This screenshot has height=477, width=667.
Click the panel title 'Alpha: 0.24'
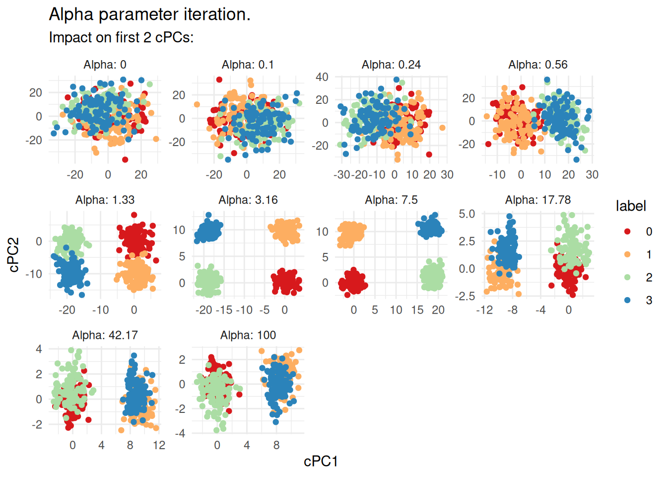pyautogui.click(x=391, y=65)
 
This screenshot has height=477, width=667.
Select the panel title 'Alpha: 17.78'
pyautogui.click(x=538, y=200)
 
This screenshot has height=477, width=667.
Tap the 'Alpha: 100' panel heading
pyautogui.click(x=248, y=335)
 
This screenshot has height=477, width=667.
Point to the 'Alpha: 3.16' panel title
pyautogui.click(x=248, y=200)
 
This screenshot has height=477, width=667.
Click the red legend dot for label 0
pyautogui.click(x=627, y=232)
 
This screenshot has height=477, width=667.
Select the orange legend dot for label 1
pyautogui.click(x=627, y=254)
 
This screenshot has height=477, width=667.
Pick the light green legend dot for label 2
pyautogui.click(x=627, y=277)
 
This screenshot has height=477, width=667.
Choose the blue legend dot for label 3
pyautogui.click(x=627, y=300)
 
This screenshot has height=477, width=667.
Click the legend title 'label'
pyautogui.click(x=631, y=206)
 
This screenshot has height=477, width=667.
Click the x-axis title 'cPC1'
pyautogui.click(x=321, y=462)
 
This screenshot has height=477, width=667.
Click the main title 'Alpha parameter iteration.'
pyautogui.click(x=149, y=14)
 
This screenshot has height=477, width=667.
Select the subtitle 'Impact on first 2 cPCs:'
pyautogui.click(x=121, y=37)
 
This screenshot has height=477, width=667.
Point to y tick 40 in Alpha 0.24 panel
pyautogui.click(x=322, y=77)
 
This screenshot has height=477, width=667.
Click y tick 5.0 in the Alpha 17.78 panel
pyautogui.click(x=467, y=214)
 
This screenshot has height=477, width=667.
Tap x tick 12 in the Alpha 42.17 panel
pyautogui.click(x=159, y=445)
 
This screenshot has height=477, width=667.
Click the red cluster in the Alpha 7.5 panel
pyautogui.click(x=353, y=282)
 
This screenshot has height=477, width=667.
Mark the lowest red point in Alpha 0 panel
pyautogui.click(x=125, y=159)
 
